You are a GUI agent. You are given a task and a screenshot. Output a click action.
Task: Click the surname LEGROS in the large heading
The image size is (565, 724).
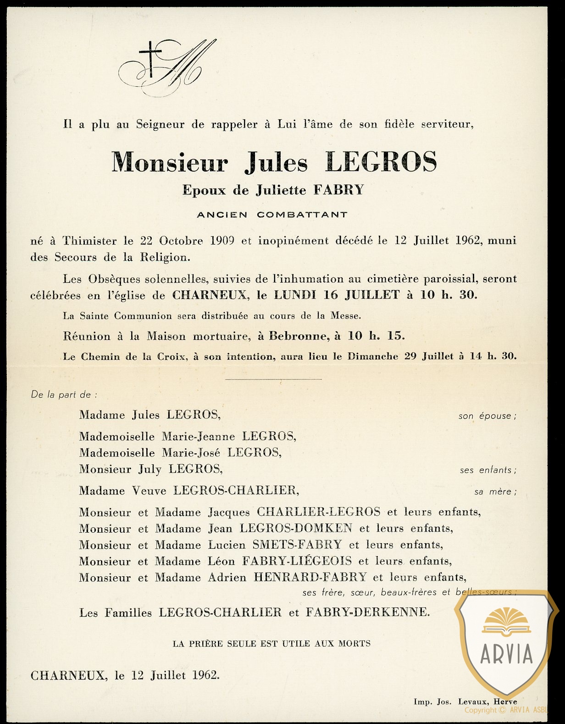pos(381,162)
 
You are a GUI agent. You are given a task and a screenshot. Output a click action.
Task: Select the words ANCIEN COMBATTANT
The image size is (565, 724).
pos(272,215)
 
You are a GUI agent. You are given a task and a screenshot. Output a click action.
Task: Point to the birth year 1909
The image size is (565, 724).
pos(222,240)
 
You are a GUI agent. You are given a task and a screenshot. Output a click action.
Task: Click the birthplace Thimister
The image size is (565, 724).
pos(89,240)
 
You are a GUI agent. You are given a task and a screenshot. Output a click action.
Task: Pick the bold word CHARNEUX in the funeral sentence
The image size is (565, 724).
pos(210,295)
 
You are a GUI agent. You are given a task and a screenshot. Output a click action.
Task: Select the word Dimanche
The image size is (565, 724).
pos(372,356)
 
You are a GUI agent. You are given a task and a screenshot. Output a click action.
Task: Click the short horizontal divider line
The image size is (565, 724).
pos(273,379)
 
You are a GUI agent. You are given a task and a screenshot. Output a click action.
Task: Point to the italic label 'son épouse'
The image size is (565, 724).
pos(487,416)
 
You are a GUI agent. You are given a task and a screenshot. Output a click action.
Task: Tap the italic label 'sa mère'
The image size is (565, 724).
pos(495,492)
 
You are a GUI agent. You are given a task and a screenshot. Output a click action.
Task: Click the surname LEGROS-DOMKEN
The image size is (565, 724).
pos(296,529)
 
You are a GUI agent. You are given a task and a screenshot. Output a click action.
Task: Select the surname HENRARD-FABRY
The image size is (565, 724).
pos(310,577)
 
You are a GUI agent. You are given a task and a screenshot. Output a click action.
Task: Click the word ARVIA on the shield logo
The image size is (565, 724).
pos(506,653)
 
